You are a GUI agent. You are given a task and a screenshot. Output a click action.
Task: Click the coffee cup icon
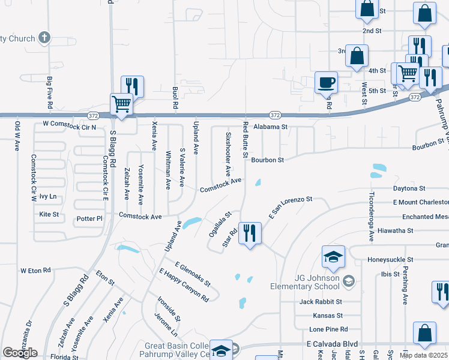tap(327, 82)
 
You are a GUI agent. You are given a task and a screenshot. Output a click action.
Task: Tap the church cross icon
tap(44, 38)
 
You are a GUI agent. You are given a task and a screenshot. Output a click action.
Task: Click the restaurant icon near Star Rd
tap(250, 233)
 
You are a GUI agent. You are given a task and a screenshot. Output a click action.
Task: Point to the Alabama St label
tap(271, 127)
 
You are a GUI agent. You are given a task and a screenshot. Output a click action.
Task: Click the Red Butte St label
tap(245, 139)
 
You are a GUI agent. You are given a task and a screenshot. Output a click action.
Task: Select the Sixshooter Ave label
tap(228, 154)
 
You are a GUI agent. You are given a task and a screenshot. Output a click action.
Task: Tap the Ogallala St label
tap(220, 223)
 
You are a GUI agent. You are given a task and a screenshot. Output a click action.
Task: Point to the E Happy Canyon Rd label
tap(184, 285)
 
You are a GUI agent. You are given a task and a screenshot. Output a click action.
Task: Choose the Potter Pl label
tap(90, 219)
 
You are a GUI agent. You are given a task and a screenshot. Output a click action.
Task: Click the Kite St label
tap(49, 214)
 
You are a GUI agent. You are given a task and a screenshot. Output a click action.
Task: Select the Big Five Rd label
tap(49, 88)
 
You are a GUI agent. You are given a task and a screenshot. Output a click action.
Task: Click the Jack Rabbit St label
tap(321, 302)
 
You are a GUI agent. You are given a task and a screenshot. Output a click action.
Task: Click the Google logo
tap(20, 353)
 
